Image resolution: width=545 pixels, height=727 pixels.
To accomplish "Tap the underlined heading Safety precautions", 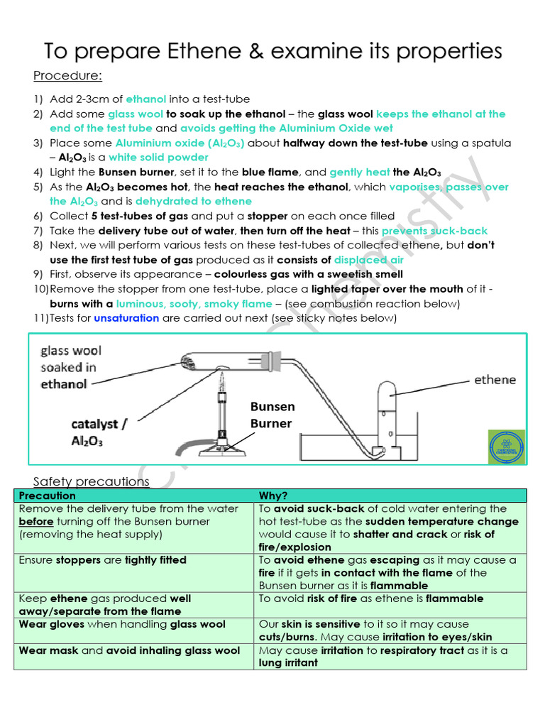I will (x=92, y=481).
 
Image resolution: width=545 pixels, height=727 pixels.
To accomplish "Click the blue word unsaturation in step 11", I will (x=126, y=318).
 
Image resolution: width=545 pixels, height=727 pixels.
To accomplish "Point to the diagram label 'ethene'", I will (x=495, y=380).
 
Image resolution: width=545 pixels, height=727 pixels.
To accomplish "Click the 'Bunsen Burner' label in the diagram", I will (x=271, y=415).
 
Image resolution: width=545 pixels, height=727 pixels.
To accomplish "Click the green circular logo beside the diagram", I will (x=505, y=448).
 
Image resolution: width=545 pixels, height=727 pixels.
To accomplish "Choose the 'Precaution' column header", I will (x=47, y=496).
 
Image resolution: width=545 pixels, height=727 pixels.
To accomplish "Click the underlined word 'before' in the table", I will (x=36, y=521).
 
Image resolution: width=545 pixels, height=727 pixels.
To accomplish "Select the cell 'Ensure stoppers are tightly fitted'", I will (x=103, y=560).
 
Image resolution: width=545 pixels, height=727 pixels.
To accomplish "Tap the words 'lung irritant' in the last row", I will (x=288, y=662).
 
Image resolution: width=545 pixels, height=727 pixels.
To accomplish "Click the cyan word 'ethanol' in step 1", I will (x=146, y=99).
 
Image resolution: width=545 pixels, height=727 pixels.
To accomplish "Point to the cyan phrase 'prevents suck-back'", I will (x=434, y=231).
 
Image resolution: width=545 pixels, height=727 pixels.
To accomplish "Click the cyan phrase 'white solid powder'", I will (x=158, y=158).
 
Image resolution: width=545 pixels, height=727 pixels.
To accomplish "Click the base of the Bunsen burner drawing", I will (x=226, y=450).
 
